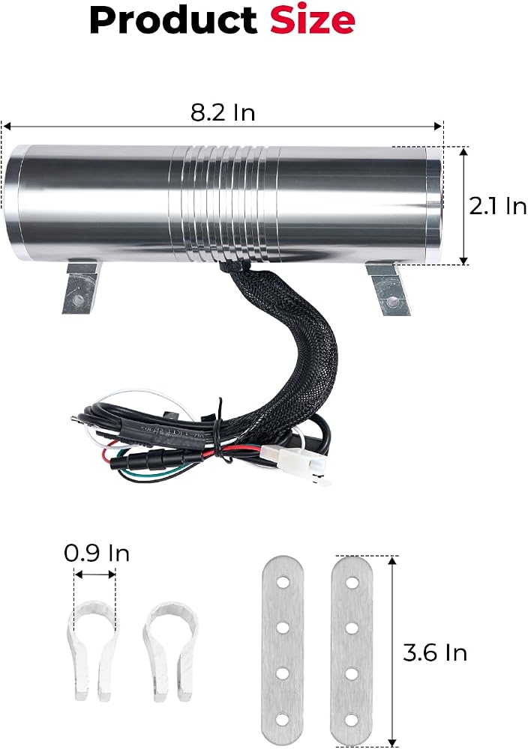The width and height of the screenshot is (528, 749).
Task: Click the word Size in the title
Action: [x=312, y=20]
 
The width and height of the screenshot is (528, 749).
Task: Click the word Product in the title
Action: [x=173, y=20]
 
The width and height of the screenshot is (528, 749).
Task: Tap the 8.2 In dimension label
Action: [x=223, y=113]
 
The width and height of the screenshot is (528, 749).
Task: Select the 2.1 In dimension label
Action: [x=497, y=207]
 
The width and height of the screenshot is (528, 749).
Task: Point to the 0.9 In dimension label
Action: [x=97, y=554]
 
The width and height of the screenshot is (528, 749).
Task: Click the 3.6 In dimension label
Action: [x=435, y=652]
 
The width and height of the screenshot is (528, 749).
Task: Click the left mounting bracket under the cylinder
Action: [x=81, y=287]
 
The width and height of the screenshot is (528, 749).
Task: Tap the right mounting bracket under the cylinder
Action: [x=388, y=288]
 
